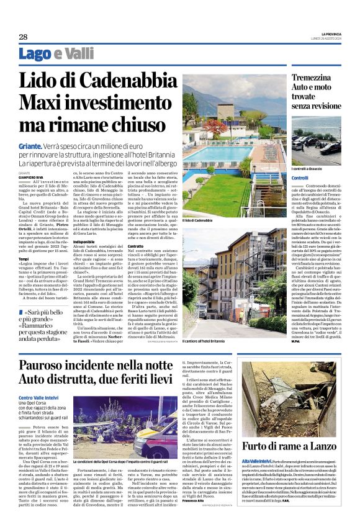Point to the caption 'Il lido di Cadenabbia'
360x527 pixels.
point(198,220)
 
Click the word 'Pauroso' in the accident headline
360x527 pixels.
point(45,365)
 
